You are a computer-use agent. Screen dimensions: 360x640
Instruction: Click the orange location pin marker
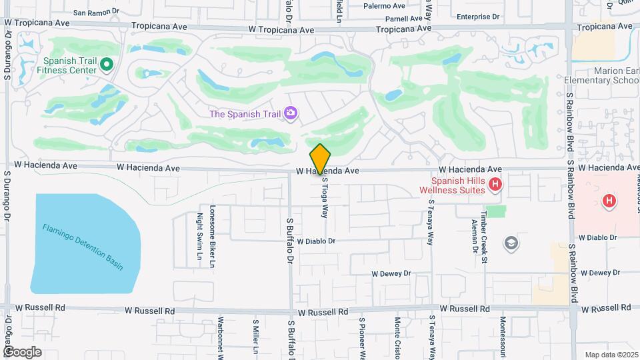coord(320,159)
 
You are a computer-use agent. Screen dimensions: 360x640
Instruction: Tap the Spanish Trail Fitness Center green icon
coord(107,64)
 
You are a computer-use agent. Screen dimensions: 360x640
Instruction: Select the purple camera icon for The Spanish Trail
coord(290,113)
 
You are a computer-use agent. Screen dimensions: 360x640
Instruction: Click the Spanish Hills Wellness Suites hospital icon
coord(495,184)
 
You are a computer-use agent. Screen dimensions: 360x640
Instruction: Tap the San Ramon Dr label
coord(95,12)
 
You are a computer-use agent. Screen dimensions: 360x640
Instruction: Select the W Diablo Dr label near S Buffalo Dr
coord(316,241)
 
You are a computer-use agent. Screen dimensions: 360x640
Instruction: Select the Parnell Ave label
coord(405,19)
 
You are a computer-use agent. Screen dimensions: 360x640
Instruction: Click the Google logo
coord(22,351)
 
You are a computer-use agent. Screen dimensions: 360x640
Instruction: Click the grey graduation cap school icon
coord(511,242)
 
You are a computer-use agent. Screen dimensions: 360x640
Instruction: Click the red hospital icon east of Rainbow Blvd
coord(608,200)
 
